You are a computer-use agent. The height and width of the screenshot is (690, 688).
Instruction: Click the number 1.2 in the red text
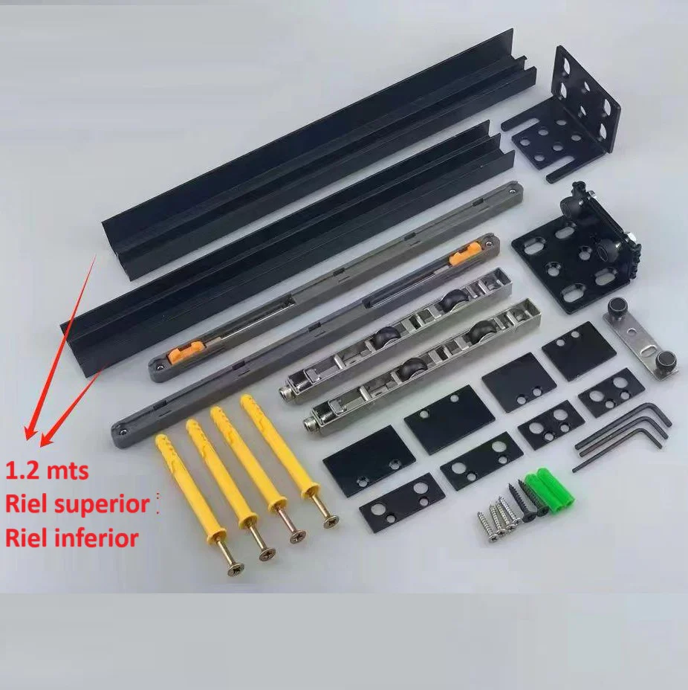pyautogui.click(x=22, y=471)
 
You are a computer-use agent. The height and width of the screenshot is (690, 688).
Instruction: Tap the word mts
pyautogui.click(x=68, y=471)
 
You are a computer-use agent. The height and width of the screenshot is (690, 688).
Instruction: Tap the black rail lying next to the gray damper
pyautogui.click(x=286, y=251)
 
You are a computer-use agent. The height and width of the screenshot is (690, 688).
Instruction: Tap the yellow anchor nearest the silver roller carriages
pyautogui.click(x=288, y=458)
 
